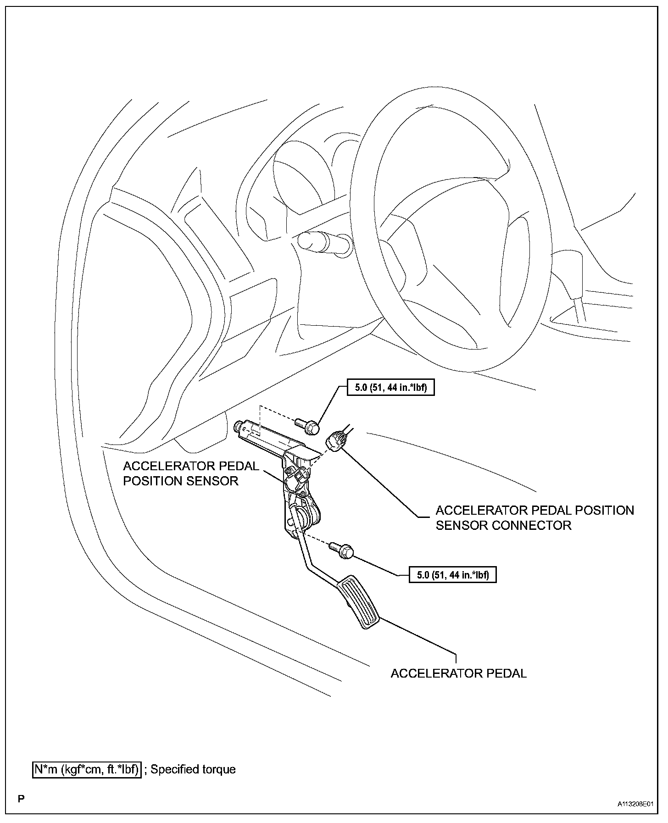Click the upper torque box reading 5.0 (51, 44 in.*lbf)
390,388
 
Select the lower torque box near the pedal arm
452,574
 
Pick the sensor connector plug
337,439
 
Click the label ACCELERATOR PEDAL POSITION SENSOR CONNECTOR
534,518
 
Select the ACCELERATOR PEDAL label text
458,673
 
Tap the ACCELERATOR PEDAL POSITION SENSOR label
191,473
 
